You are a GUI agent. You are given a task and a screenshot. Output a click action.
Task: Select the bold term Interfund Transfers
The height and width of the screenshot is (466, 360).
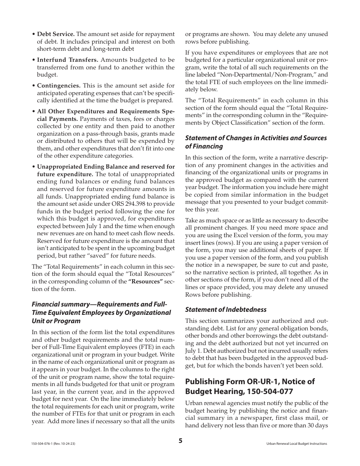click(68, 60)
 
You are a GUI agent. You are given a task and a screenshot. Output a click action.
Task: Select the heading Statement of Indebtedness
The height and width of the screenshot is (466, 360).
click(226, 310)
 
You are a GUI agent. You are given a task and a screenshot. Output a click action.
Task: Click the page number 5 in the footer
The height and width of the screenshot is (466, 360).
click(180, 440)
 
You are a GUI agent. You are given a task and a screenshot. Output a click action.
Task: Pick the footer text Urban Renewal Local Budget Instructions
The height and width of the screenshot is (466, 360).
click(297, 444)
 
